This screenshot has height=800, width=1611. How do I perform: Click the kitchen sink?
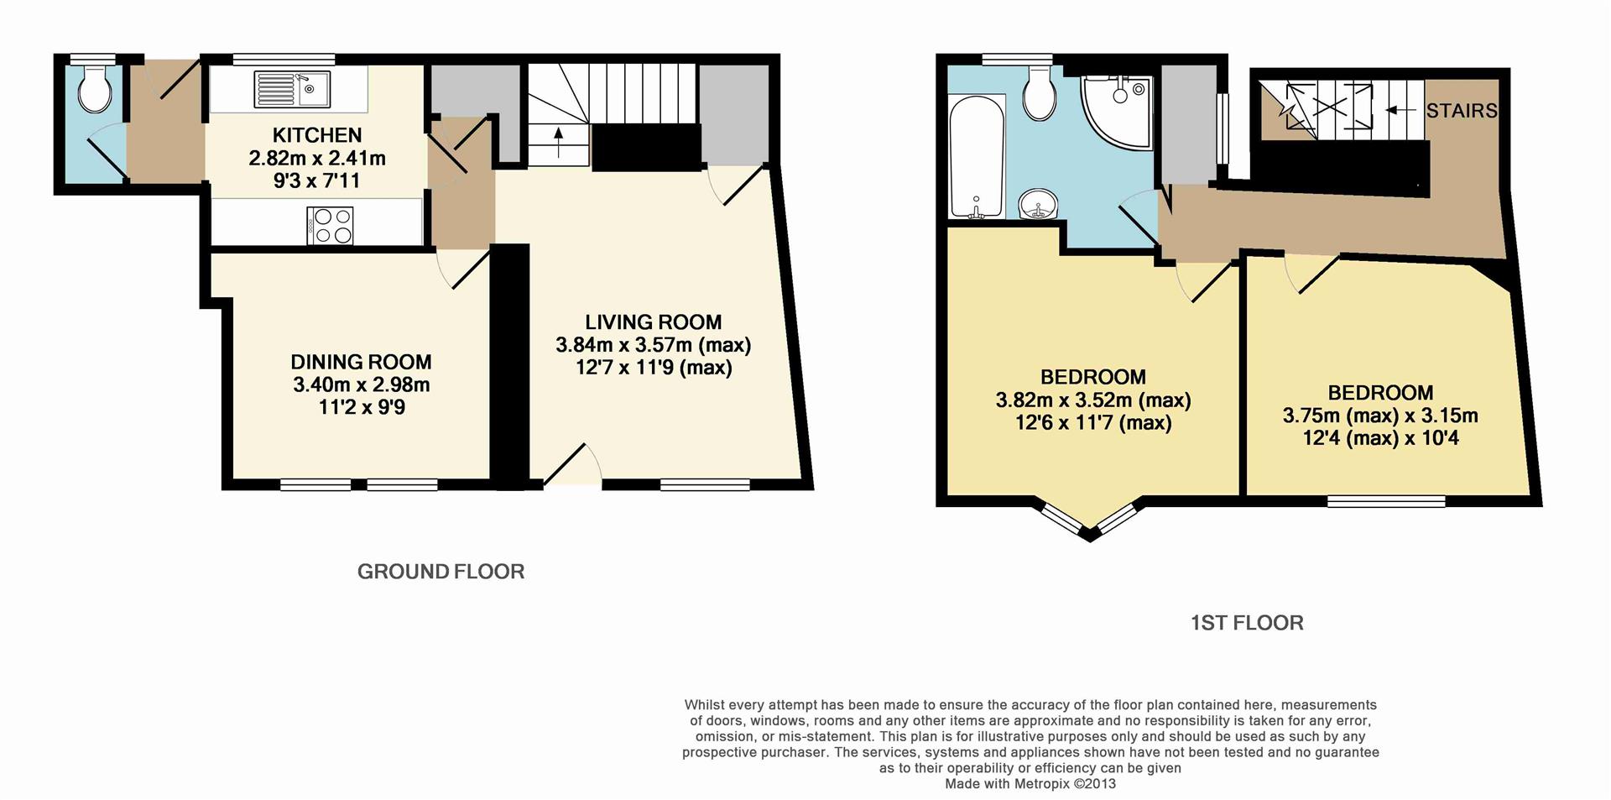pos(293,89)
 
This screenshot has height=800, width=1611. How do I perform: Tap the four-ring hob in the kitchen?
pos(331,224)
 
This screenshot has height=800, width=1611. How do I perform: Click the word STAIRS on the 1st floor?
pos(1461,111)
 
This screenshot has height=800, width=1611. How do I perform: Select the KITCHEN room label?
pos(317,135)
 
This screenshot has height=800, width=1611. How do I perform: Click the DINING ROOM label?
pos(361,362)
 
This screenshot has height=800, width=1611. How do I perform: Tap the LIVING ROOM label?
pos(653,322)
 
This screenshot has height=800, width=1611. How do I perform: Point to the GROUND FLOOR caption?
pos(441,572)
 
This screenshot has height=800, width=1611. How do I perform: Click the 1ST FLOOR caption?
pos(1247,623)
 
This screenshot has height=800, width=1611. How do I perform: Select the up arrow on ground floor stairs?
pos(558,143)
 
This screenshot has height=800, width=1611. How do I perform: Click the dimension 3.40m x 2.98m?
pos(361,385)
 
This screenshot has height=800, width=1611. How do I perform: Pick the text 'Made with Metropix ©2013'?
pos(1030,784)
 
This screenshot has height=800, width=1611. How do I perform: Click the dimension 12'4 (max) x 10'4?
pos(1380,437)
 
